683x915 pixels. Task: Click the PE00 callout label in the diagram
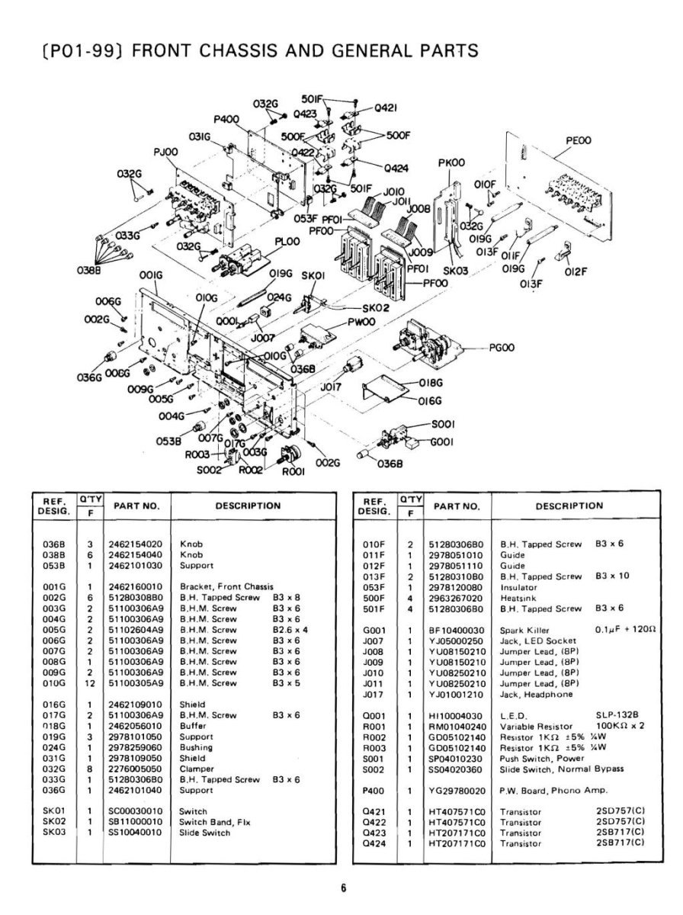[x=579, y=140]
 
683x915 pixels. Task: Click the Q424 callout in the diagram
[x=396, y=168]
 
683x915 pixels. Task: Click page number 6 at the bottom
[x=343, y=888]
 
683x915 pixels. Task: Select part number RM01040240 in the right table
[x=457, y=726]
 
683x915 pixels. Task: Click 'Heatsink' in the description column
[x=518, y=598]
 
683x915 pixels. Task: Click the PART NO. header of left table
[x=136, y=506]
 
